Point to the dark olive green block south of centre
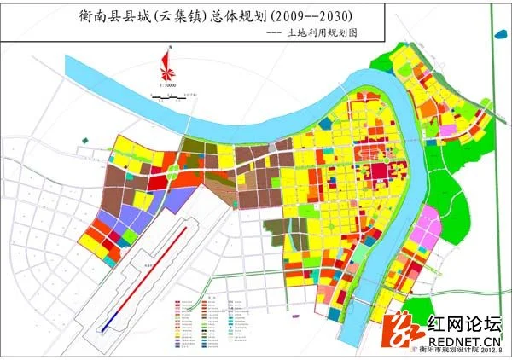point(282,229)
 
